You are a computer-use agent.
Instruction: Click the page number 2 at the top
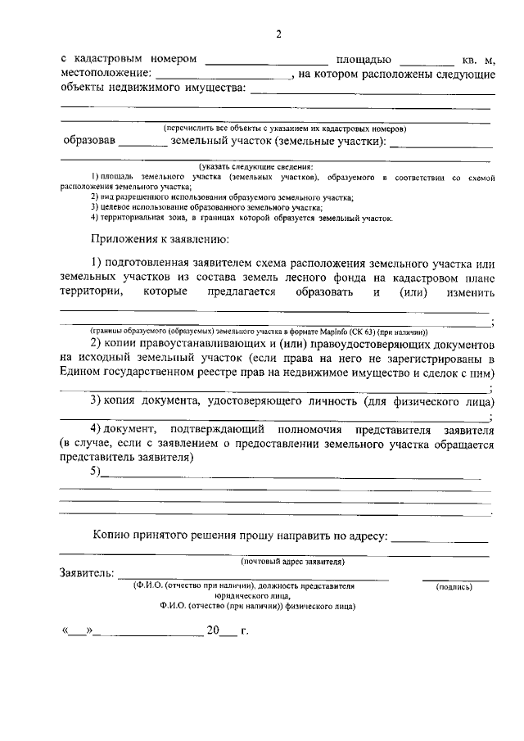point(278,34)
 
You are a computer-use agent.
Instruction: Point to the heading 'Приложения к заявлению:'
point(160,240)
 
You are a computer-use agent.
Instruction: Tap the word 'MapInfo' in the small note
point(342,332)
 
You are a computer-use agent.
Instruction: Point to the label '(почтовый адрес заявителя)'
point(292,562)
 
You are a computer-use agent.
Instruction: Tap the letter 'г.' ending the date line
point(243,631)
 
